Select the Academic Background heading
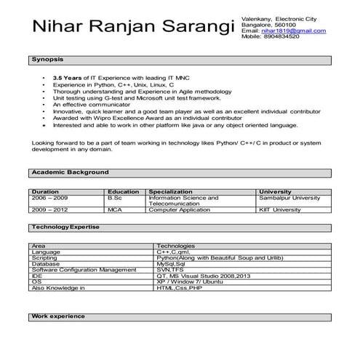pos(70,172)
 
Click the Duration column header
pos(46,192)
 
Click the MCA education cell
pos(115,209)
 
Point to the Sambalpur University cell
pos(289,198)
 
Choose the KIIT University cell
pos(279,209)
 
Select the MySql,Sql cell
pos(172,263)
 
